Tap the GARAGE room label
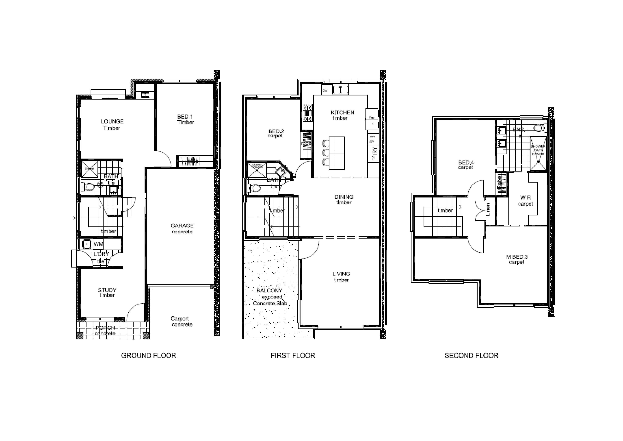pyautogui.click(x=182, y=226)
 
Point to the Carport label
pyautogui.click(x=180, y=319)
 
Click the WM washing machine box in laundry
pyautogui.click(x=98, y=244)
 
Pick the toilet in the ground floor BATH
pyautogui.click(x=88, y=187)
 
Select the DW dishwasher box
pyautogui.click(x=325, y=91)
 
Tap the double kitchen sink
pyautogui.click(x=341, y=89)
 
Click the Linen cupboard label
pyautogui.click(x=488, y=209)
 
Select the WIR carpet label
pyautogui.click(x=525, y=201)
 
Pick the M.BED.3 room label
pyautogui.click(x=517, y=259)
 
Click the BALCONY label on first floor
pyautogui.click(x=269, y=291)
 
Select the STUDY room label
pyautogui.click(x=107, y=290)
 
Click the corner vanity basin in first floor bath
pyautogui.click(x=280, y=171)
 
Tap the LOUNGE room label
pyautogui.click(x=112, y=122)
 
